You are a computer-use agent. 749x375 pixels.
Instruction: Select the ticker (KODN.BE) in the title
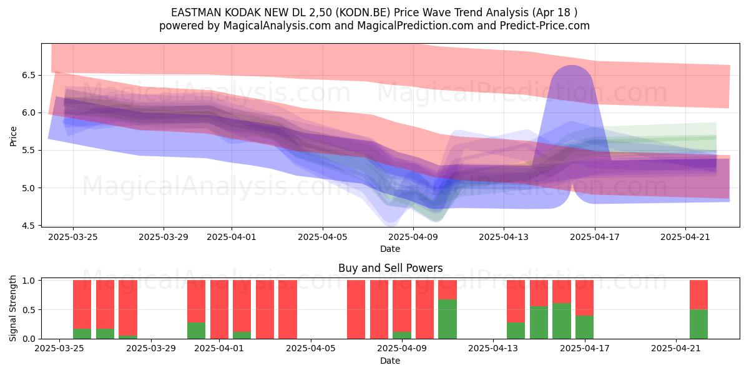363,12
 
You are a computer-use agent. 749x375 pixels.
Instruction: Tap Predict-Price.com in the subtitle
545,26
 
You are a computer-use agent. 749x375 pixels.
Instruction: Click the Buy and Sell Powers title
390,268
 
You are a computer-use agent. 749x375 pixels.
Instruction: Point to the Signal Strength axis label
12,308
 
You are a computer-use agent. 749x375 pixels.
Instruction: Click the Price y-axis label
13,136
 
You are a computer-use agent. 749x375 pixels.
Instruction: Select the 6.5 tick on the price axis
29,75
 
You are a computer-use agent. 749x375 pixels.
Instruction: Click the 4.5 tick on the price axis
29,226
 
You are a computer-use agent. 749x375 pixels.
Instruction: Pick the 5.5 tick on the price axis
29,151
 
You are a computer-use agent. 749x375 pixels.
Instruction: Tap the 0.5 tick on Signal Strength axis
29,310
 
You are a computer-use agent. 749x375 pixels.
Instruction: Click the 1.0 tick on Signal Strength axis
29,280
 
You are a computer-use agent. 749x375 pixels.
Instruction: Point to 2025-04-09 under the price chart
413,237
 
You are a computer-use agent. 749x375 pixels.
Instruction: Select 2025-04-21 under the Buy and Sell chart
676,348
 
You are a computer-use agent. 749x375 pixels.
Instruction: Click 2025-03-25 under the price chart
73,237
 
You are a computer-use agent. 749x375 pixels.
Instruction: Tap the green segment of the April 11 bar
448,319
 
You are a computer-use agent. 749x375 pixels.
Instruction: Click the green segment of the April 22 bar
698,324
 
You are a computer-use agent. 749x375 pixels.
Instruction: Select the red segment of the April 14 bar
516,301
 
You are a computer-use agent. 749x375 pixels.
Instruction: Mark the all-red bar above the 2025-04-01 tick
219,309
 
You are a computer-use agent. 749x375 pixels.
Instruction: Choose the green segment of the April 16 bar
561,321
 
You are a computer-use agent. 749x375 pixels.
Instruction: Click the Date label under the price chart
390,249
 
